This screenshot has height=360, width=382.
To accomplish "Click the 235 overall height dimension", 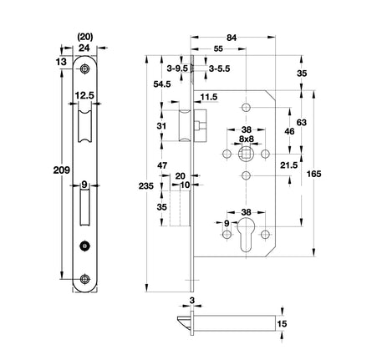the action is [x=146, y=185].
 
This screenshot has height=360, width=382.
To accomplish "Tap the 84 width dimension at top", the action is [x=232, y=38].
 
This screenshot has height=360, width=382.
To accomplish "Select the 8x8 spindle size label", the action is [x=247, y=139].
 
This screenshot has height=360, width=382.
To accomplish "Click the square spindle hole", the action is [x=246, y=154].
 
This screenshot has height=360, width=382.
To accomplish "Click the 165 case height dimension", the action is [x=313, y=174].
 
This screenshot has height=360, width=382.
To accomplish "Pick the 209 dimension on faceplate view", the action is [x=62, y=170].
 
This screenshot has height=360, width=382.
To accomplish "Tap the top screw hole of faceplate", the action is [x=84, y=68].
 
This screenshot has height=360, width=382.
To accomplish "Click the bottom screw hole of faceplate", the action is [x=84, y=279].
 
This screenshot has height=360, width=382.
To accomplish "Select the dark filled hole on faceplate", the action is [x=84, y=246].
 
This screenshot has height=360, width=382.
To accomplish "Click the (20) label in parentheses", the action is [x=84, y=37].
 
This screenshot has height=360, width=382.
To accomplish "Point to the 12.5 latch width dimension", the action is [x=84, y=95].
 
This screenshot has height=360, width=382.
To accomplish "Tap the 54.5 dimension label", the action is [x=162, y=84].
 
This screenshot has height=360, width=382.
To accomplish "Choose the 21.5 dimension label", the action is [x=289, y=165].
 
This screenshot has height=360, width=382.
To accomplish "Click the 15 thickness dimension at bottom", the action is [x=282, y=324].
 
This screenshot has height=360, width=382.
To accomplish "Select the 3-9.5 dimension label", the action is [x=177, y=68].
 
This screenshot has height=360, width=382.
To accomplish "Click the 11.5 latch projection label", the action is [x=209, y=97].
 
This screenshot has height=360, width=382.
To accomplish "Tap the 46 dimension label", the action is [x=289, y=131].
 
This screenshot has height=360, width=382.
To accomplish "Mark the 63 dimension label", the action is [x=302, y=122].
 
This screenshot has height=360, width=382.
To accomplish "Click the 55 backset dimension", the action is [x=218, y=48].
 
